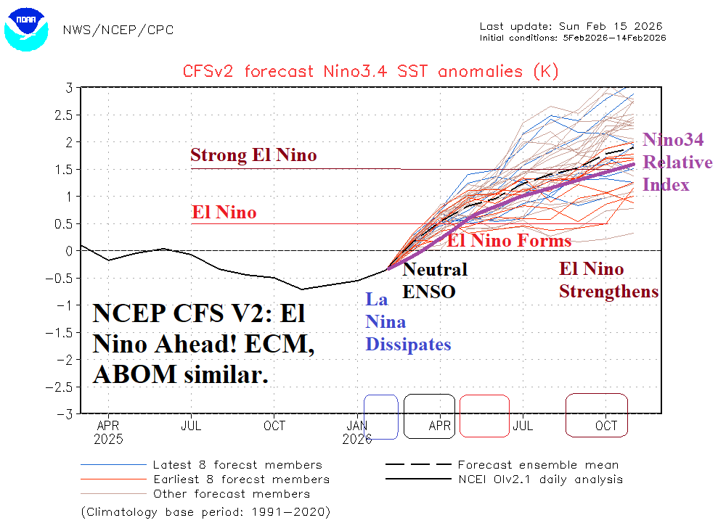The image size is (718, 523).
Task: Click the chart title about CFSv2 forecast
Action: click(x=370, y=71)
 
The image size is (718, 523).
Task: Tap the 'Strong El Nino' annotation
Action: click(x=253, y=155)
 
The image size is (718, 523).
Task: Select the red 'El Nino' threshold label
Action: click(x=224, y=213)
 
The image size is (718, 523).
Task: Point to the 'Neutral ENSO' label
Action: click(x=435, y=281)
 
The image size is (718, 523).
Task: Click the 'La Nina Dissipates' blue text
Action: click(x=408, y=321)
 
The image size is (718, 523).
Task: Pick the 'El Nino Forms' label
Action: click(x=509, y=240)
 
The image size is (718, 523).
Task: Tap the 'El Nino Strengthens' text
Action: click(x=608, y=280)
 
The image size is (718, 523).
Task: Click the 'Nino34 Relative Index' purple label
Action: click(x=677, y=162)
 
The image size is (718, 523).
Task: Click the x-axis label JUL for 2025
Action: click(x=191, y=426)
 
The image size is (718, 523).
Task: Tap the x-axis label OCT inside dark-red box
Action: click(x=606, y=426)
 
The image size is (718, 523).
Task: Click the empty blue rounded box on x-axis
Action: click(x=381, y=416)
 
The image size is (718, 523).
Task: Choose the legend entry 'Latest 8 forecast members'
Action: click(x=237, y=465)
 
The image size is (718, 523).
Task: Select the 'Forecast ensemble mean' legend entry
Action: click(x=538, y=465)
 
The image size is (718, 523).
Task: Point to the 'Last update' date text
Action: click(x=573, y=26)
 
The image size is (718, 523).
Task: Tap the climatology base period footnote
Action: click(x=205, y=512)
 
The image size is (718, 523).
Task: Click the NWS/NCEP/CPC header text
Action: click(x=118, y=30)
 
